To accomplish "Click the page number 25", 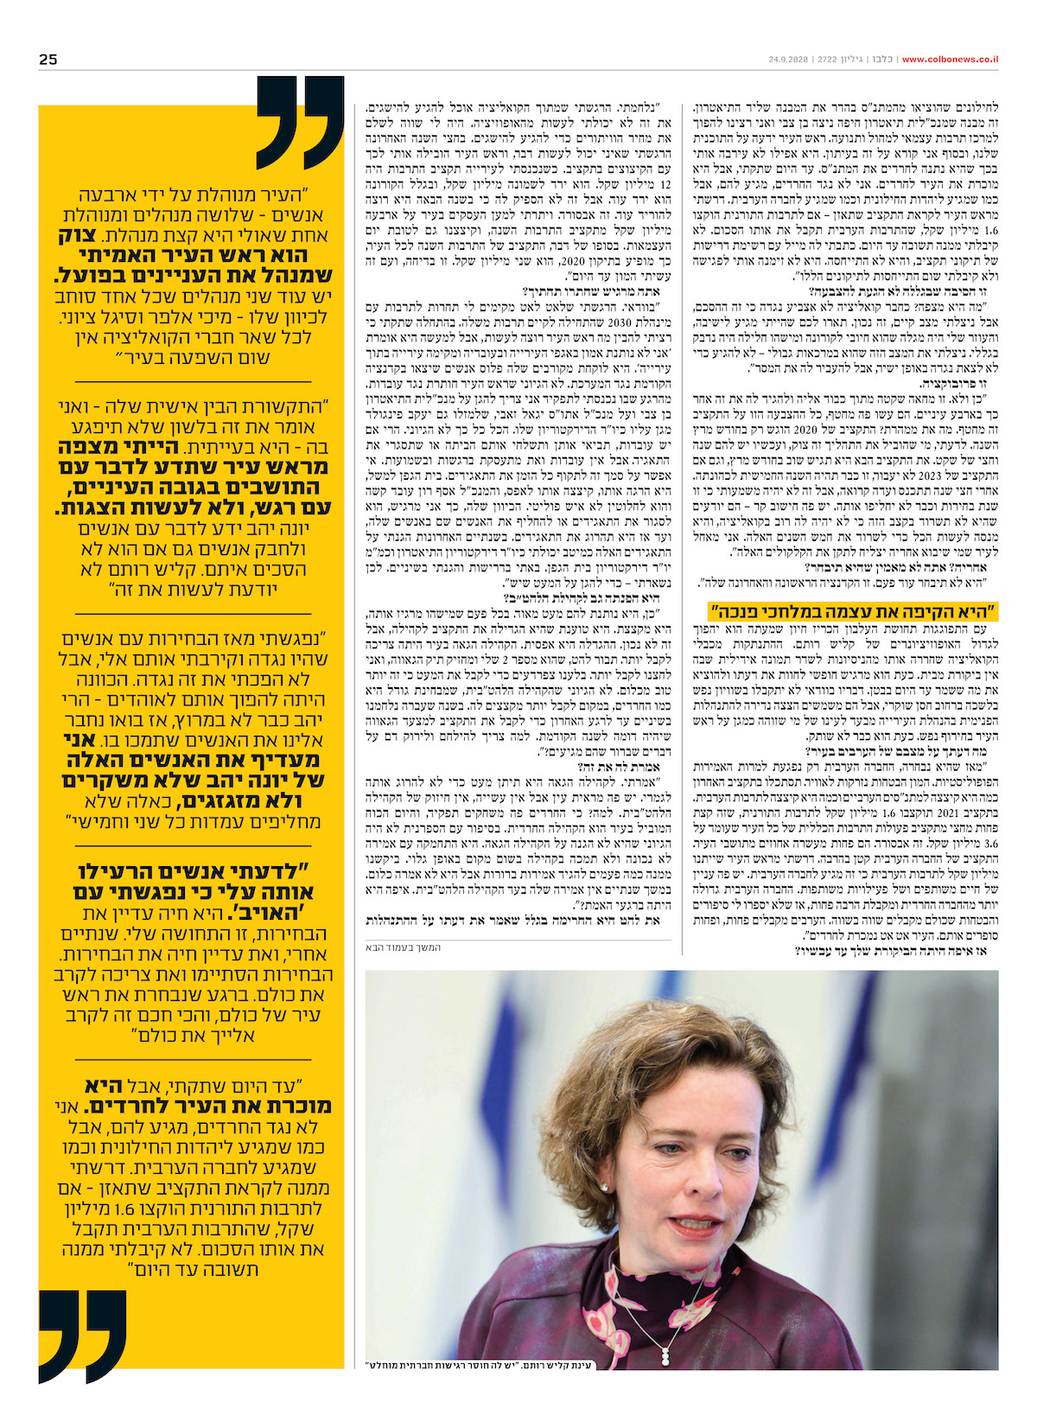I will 48,59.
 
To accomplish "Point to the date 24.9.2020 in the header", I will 787,59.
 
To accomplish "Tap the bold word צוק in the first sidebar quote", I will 304,235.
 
